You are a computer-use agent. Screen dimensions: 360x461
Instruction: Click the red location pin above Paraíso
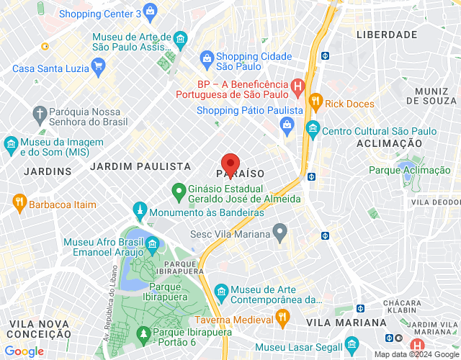click(230, 163)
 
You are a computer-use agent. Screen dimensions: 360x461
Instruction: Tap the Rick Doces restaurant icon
click(314, 103)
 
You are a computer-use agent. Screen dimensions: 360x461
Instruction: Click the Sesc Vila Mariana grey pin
click(280, 233)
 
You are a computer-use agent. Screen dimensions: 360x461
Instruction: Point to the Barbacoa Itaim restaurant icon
click(19, 204)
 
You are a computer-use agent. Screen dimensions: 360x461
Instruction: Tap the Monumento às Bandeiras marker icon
click(138, 212)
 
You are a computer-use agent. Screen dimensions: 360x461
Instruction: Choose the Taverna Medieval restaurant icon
click(282, 318)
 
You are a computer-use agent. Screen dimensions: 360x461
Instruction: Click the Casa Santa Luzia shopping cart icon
click(99, 68)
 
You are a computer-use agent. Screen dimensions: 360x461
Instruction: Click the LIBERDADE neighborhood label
click(388, 35)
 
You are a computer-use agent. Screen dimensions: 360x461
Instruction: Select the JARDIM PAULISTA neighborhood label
click(140, 166)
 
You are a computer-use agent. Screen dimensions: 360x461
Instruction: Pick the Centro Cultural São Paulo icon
click(312, 131)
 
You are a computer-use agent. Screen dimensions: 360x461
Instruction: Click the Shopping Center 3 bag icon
click(150, 12)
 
